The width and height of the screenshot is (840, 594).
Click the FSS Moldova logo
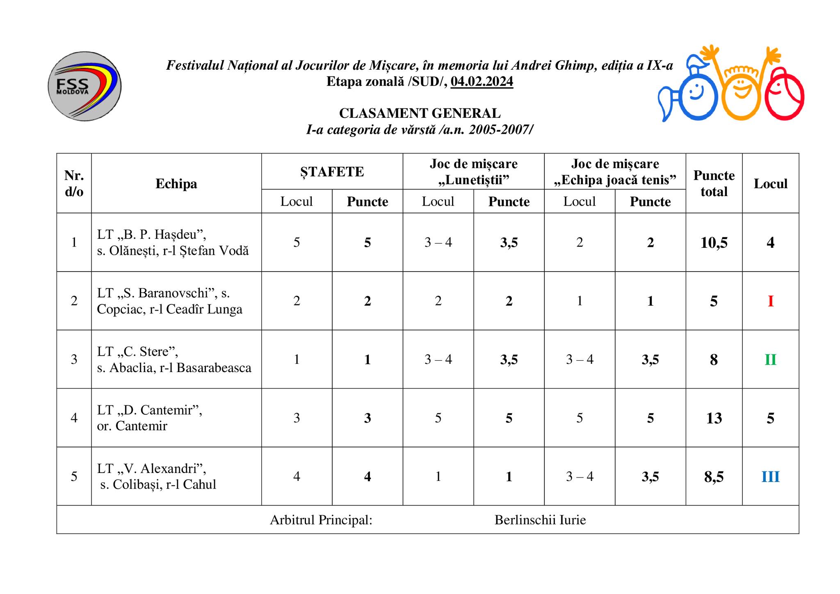[x=84, y=86]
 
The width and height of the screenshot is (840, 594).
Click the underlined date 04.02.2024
[x=482, y=82]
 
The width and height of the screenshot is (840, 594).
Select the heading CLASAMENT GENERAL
[x=420, y=113]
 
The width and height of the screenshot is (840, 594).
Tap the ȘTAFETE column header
[x=332, y=171]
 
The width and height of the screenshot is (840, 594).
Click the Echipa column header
[x=176, y=183]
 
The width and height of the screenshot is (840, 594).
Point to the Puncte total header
[x=714, y=183]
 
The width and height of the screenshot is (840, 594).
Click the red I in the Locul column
[x=770, y=301]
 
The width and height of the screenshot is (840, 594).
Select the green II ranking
[x=770, y=360]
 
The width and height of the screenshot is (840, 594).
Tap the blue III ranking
[x=770, y=477]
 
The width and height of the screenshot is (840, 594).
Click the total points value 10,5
[x=714, y=242]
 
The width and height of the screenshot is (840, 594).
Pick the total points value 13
[x=714, y=418]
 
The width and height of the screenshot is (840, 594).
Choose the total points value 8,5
[x=714, y=477]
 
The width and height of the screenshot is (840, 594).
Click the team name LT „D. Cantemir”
[x=149, y=410]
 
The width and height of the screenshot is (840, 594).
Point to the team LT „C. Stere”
[x=137, y=352]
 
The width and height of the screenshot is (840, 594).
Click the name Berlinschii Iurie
[x=540, y=520]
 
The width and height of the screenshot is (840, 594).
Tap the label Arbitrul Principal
[x=321, y=520]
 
